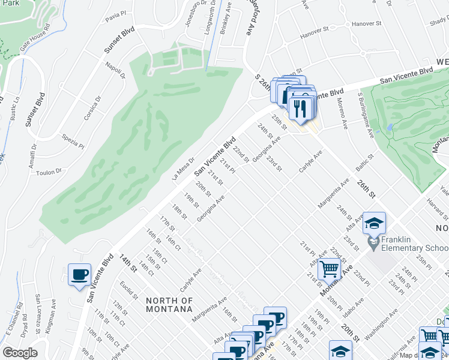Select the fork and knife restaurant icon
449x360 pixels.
pyautogui.click(x=298, y=108)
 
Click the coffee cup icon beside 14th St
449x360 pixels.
pyautogui.click(x=79, y=275)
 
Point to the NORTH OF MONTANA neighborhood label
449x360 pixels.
pyautogui.click(x=169, y=305)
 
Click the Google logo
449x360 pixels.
pyautogui.click(x=20, y=353)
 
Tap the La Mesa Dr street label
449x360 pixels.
pyautogui.click(x=183, y=167)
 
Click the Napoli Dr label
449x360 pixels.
pyautogui.click(x=115, y=70)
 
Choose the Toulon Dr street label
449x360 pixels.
pyautogui.click(x=49, y=172)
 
